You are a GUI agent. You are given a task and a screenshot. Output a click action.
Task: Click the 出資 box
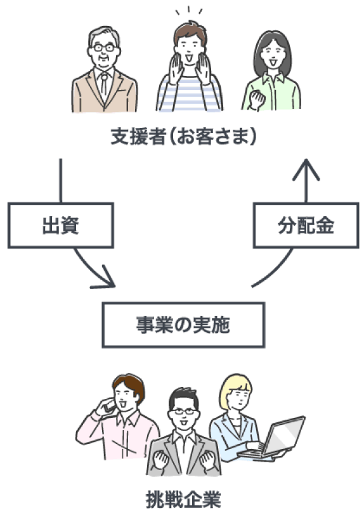pos(60,225)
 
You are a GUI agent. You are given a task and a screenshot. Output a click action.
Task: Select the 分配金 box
pos(306,225)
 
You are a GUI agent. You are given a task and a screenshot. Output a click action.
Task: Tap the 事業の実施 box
pos(183,325)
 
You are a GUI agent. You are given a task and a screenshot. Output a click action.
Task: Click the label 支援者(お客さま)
pos(183,136)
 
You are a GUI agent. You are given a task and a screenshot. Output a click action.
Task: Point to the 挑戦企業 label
pos(183,499)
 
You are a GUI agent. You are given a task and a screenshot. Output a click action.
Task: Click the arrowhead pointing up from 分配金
pos(306,169)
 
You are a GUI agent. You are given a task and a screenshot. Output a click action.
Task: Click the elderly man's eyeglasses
pos(104,48)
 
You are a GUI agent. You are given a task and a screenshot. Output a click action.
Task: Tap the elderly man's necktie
pos(103,84)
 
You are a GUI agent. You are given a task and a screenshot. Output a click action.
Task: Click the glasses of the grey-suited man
pos(184,412)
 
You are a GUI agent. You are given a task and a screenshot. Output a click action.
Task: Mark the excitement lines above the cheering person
pos(189,11)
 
